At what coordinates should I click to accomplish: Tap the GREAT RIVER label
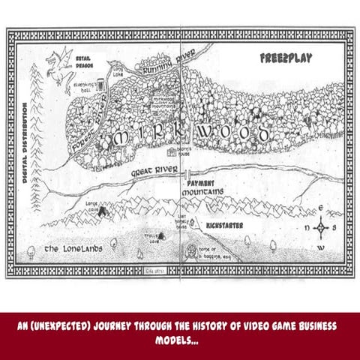(154, 172)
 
